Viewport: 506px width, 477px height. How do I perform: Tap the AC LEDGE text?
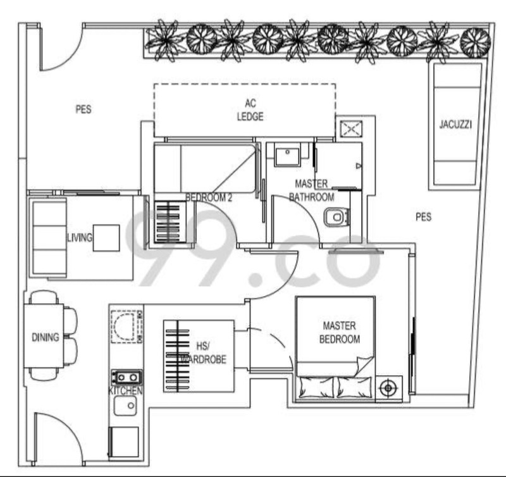250,110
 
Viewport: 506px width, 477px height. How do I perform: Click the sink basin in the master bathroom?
288,156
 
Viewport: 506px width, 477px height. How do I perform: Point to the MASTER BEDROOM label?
339,332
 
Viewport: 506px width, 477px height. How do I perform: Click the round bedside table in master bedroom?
387,387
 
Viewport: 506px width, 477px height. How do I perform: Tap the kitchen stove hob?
126,378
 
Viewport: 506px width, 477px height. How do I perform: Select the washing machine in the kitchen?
126,326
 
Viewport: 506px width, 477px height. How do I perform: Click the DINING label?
45,337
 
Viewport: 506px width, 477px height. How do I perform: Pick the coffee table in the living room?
106,238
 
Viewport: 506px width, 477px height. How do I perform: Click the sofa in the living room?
47,237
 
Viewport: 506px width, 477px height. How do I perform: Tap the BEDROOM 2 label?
209,197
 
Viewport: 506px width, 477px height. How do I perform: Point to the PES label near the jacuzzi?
423,217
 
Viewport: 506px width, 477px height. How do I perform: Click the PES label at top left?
83,109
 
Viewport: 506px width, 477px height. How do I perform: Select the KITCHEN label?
125,391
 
